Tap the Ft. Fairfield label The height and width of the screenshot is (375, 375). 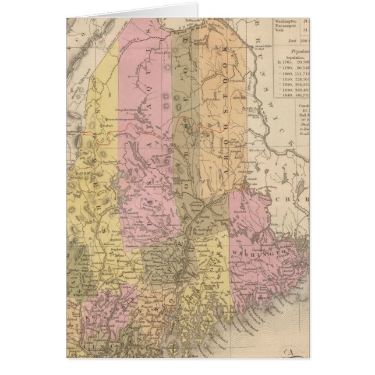pos(236,82)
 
